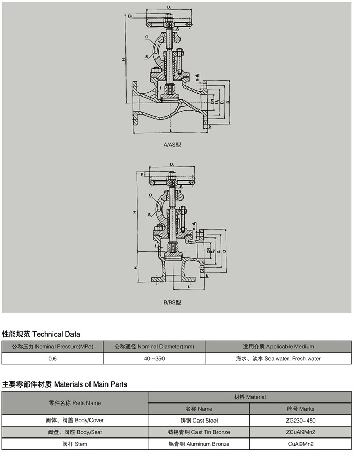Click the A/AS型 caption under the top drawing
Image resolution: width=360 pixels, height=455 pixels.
tap(172, 145)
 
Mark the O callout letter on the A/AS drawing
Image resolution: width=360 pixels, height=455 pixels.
tap(147, 38)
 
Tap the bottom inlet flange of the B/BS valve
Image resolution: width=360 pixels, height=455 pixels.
tap(172, 279)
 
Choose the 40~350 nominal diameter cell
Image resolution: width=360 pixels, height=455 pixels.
tap(154, 358)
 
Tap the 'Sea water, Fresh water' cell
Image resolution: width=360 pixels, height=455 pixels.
tap(278, 358)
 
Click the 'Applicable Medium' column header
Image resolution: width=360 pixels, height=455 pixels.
tap(278, 346)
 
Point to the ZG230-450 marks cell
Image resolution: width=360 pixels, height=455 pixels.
tap(300, 421)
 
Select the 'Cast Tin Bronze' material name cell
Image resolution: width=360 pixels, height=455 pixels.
tap(199, 432)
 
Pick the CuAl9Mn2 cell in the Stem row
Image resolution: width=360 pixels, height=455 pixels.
tap(300, 444)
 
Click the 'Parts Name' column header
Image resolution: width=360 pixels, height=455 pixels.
tap(75, 403)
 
